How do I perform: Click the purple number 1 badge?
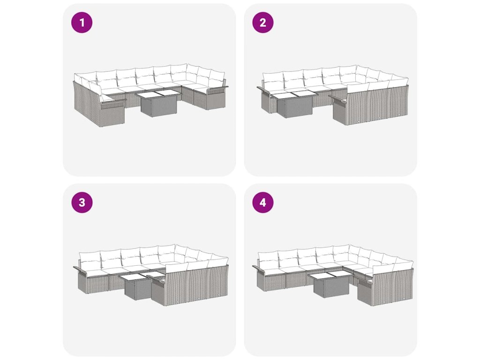(82, 22)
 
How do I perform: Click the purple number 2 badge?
(262, 22)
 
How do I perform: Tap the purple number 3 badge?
(82, 202)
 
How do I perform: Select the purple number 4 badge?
(262, 202)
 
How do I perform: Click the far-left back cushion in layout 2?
(273, 79)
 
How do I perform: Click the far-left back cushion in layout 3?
(90, 259)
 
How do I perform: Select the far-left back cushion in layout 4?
(268, 259)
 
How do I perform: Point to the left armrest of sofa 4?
(260, 270)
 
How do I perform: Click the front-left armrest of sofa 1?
(112, 102)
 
